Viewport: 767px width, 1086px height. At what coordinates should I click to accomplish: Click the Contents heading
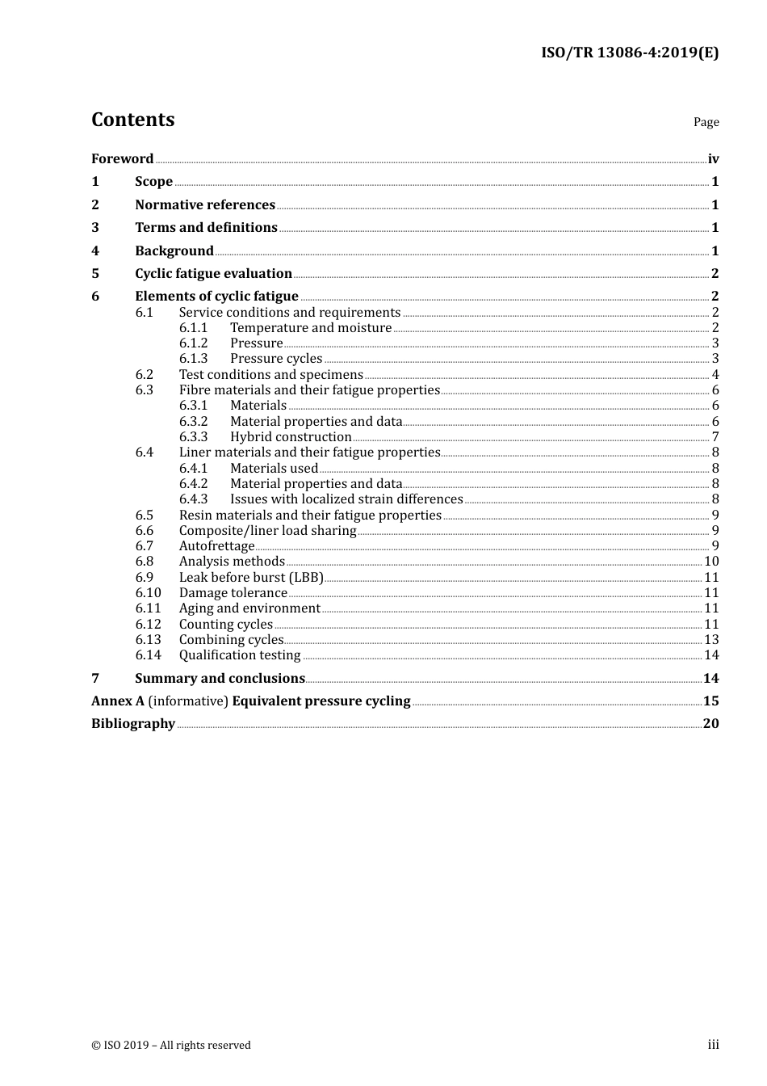pos(132,120)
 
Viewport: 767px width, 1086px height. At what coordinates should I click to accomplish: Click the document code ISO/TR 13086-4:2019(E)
pos(629,53)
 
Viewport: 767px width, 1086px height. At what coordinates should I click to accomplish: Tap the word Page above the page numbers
pos(706,122)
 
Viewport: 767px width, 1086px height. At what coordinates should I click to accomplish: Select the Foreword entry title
pos(122,158)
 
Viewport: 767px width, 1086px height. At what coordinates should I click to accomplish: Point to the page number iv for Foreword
pos(713,158)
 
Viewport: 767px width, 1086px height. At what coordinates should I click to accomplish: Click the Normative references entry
pos(205,204)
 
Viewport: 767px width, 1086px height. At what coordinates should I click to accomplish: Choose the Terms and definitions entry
pos(206,227)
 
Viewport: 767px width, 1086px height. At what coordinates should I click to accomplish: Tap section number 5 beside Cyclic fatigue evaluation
pos(95,273)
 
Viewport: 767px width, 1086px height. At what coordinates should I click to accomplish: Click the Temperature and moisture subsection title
pos(311,327)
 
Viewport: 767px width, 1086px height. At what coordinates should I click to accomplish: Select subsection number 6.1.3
pos(193,358)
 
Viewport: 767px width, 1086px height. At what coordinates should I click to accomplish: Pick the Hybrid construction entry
pos(291,436)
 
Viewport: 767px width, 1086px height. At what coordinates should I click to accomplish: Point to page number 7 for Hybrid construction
pos(715,436)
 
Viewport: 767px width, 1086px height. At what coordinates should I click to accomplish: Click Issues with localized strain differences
pos(346,499)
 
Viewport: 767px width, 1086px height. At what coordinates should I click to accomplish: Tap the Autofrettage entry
pos(216,545)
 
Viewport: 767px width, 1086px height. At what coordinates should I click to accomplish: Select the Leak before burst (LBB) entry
pos(251,577)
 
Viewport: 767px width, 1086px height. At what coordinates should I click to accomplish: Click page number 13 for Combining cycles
pos(711,639)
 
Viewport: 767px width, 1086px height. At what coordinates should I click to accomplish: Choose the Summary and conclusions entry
pos(220,678)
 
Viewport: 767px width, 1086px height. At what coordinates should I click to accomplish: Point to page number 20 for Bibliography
pos(710,723)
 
